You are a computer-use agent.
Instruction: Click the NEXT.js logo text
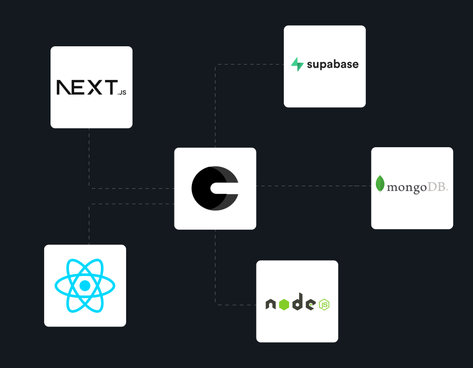pyautogui.click(x=87, y=87)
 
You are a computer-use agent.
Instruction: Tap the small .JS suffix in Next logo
pyautogui.click(x=122, y=93)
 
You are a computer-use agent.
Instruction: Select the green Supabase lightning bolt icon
pyautogui.click(x=297, y=65)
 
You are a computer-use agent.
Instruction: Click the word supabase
pyautogui.click(x=332, y=65)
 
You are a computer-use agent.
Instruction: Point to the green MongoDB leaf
pyautogui.click(x=380, y=184)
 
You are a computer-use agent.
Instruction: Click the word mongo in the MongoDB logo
pyautogui.click(x=406, y=187)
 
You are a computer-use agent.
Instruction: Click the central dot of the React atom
pyautogui.click(x=85, y=285)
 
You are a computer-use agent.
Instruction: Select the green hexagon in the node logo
pyautogui.click(x=284, y=303)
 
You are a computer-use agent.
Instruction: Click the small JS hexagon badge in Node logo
pyautogui.click(x=325, y=304)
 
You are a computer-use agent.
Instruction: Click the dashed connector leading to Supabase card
pyautogui.click(x=247, y=65)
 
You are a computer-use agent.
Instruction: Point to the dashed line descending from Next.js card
pyautogui.click(x=89, y=158)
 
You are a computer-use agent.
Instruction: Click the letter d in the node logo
pyautogui.click(x=297, y=302)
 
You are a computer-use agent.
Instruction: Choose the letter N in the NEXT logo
pyautogui.click(x=64, y=87)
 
